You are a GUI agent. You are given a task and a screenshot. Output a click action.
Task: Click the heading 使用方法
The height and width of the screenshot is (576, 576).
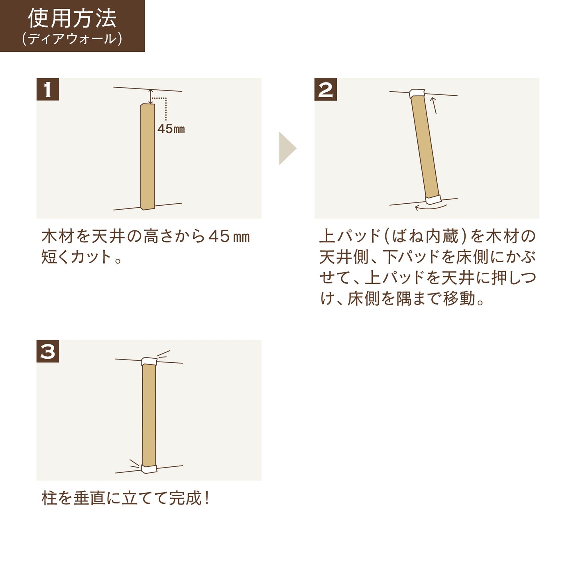(x=72, y=18)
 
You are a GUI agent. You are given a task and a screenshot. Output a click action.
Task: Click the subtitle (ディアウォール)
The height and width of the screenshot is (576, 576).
(x=72, y=39)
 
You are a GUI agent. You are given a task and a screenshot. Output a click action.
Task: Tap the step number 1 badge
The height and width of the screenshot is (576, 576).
(x=48, y=89)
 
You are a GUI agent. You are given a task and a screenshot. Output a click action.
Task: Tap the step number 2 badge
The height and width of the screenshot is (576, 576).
(x=326, y=89)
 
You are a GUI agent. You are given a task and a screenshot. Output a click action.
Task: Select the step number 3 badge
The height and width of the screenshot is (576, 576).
(x=48, y=351)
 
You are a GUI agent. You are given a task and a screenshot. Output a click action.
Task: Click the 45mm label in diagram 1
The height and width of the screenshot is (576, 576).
(x=171, y=129)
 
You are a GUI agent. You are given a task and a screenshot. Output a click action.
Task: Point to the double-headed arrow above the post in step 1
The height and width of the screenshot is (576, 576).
(x=150, y=97)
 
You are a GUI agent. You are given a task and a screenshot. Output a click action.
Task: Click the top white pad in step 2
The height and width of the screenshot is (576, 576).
(x=417, y=94)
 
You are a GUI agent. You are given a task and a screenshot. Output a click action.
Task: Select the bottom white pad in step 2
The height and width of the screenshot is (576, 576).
(x=432, y=199)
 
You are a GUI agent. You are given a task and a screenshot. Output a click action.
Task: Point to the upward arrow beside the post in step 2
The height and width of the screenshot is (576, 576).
(x=434, y=105)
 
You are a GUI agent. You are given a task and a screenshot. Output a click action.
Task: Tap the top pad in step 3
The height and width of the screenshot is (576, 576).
(x=149, y=362)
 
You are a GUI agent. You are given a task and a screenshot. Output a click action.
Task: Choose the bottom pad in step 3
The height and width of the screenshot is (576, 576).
(x=149, y=469)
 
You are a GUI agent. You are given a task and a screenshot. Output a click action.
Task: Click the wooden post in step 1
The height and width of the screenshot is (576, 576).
(x=147, y=156)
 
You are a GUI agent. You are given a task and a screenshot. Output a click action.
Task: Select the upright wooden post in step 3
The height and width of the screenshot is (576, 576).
(x=149, y=415)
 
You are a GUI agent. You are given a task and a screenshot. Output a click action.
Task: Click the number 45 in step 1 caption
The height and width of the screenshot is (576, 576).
(x=219, y=236)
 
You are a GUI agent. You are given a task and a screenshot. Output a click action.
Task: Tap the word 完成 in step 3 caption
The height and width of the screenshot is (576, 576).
(x=186, y=498)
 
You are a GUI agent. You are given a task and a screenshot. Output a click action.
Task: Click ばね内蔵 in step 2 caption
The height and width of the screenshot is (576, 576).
(x=426, y=236)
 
